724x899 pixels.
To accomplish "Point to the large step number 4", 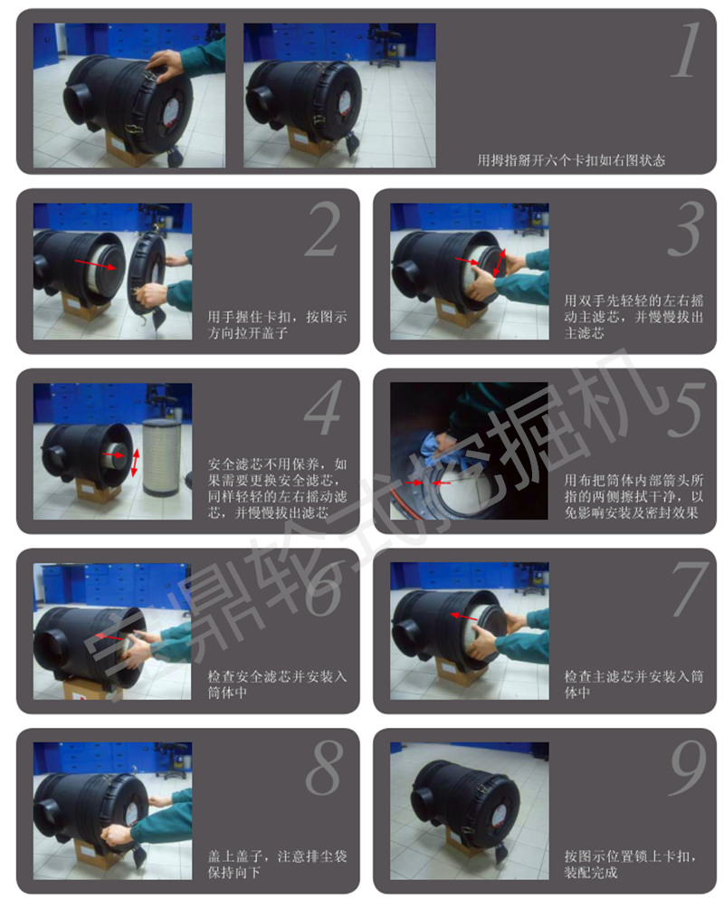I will click(x=323, y=410).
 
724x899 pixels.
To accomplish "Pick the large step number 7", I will click(x=685, y=590).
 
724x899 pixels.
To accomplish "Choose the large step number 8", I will click(x=323, y=770).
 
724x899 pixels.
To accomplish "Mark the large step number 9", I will click(x=685, y=770).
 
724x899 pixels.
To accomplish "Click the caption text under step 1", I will click(x=571, y=159).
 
